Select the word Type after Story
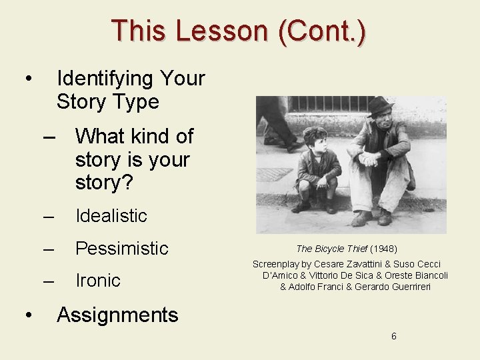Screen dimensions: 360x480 click(x=136, y=102)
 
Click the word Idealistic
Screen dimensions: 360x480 click(x=111, y=216)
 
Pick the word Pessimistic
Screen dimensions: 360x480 click(x=121, y=249)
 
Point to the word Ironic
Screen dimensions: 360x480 click(x=97, y=281)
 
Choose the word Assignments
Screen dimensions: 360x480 click(x=117, y=315)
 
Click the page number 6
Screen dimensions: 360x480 click(x=393, y=336)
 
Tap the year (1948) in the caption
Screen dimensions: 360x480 click(x=383, y=249)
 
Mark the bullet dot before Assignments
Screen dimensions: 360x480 click(x=26, y=315)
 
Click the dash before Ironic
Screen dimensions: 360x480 click(x=47, y=281)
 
